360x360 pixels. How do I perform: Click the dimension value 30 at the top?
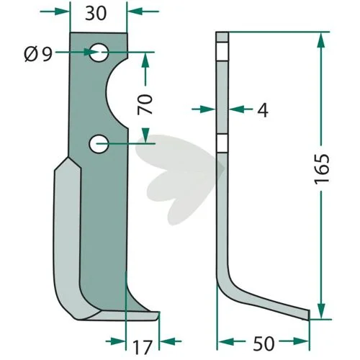click(x=96, y=14)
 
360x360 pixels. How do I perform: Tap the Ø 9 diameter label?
click(x=38, y=54)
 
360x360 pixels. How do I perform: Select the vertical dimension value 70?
click(x=145, y=104)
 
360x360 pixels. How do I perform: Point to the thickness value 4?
click(x=263, y=110)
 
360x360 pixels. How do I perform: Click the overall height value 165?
click(x=322, y=169)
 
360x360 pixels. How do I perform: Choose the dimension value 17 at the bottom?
click(x=143, y=347)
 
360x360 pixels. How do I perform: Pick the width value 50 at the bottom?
click(x=264, y=343)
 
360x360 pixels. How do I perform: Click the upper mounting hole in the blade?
click(x=99, y=53)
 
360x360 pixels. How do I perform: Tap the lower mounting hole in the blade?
click(x=99, y=144)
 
